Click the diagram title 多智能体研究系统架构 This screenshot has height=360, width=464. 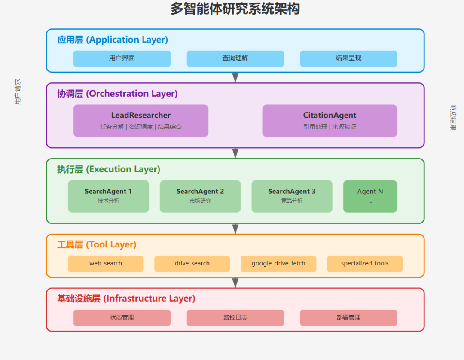point(235,9)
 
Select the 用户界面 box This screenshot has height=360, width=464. point(122,58)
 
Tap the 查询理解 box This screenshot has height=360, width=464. point(235,58)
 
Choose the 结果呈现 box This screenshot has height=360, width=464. point(348,58)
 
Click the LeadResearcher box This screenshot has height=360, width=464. point(141,121)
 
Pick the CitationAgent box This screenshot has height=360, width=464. point(330,121)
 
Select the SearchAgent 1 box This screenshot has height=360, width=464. point(108,196)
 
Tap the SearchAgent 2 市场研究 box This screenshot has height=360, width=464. point(200,196)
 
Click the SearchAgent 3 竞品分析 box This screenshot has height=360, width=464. point(292,196)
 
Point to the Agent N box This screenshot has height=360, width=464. point(370,196)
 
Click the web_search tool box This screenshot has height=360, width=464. point(106,264)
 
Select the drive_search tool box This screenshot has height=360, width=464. point(192,264)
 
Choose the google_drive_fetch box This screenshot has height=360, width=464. point(278,264)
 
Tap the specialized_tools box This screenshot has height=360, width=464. point(365,264)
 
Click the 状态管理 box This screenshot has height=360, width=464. point(122,318)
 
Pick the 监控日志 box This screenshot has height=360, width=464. point(235,318)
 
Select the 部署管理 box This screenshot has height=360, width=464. point(348,318)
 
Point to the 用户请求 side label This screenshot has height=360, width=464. point(17,92)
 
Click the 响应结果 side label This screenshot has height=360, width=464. point(453,117)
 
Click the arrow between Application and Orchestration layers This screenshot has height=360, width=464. point(235,77)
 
